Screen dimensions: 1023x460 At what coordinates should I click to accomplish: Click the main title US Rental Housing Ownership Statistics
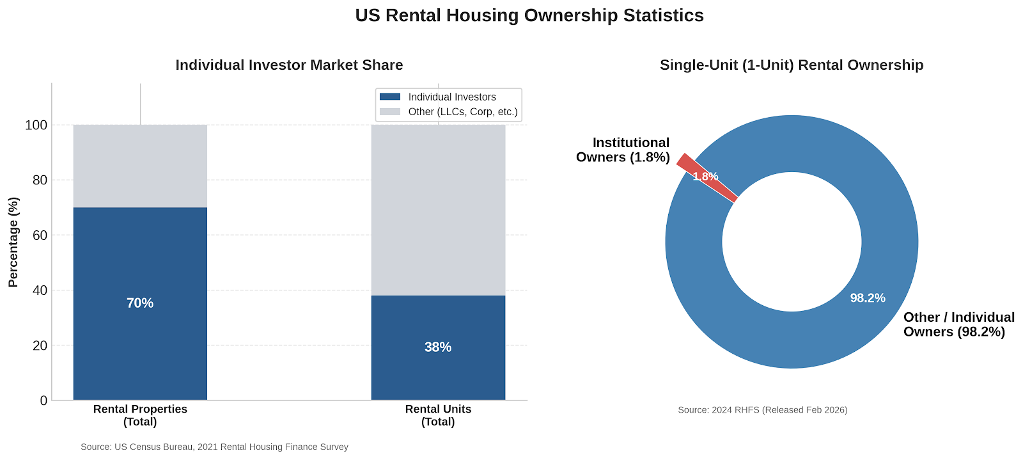click(529, 15)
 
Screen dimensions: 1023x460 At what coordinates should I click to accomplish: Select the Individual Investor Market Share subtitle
click(289, 65)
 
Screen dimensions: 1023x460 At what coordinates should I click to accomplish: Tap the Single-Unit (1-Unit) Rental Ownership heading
click(792, 65)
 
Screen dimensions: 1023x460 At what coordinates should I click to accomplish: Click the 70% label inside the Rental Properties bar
click(140, 303)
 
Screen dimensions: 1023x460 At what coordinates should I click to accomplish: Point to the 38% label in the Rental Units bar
click(438, 347)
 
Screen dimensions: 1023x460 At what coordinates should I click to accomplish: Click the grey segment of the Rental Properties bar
click(140, 166)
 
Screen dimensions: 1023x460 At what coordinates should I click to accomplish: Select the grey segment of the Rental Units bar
click(438, 210)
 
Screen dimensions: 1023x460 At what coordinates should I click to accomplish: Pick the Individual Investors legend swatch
click(390, 97)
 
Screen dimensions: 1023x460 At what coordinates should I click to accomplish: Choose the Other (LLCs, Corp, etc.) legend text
click(463, 112)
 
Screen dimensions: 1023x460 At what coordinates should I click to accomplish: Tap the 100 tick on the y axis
click(36, 125)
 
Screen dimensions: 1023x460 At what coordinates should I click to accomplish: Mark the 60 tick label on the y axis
click(40, 235)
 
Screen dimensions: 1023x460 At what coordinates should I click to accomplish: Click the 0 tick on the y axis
click(44, 401)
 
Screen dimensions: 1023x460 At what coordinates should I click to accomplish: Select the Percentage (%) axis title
click(13, 242)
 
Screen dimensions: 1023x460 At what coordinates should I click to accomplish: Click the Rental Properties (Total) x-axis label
click(140, 415)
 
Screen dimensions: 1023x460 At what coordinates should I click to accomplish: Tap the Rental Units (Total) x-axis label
click(438, 415)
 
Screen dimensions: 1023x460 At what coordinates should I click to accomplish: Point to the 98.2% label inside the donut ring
click(868, 298)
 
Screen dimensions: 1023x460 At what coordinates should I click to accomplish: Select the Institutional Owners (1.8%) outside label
click(623, 150)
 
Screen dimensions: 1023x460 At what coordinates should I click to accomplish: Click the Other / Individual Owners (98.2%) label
click(959, 324)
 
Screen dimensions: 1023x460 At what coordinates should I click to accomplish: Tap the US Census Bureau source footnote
click(214, 447)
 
